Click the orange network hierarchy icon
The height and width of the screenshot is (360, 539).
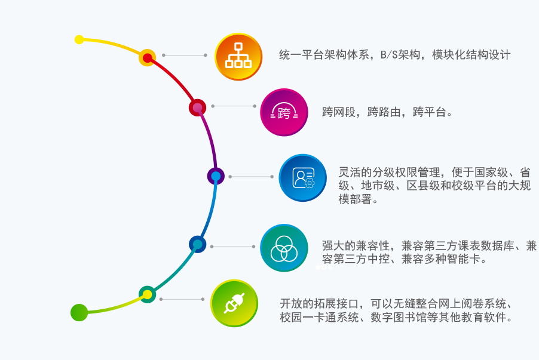(x=238, y=57)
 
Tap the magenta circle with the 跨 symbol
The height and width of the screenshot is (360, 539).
(x=284, y=112)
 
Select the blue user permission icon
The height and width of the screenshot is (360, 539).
(x=302, y=177)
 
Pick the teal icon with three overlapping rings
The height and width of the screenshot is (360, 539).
(x=284, y=248)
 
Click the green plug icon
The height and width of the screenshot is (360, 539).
(x=234, y=303)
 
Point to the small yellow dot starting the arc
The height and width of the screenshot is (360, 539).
(x=79, y=39)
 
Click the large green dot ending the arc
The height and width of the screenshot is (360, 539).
(x=79, y=313)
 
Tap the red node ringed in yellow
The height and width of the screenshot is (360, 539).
(x=147, y=58)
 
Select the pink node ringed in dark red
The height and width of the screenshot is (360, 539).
(x=197, y=108)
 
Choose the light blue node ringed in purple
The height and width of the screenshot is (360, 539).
(x=216, y=176)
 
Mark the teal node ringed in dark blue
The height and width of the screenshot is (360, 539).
(x=198, y=245)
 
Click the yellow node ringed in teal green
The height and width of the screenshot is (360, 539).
(x=147, y=294)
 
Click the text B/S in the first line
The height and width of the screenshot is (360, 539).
(x=389, y=55)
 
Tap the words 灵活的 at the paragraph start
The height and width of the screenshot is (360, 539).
(x=356, y=172)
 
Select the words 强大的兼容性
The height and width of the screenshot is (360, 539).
(x=356, y=246)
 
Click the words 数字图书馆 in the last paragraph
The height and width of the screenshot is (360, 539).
(x=399, y=318)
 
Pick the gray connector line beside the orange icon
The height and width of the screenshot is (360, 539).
(x=185, y=55)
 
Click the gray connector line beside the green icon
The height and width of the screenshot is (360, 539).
(x=182, y=299)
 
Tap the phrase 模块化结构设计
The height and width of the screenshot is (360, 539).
(x=471, y=55)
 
